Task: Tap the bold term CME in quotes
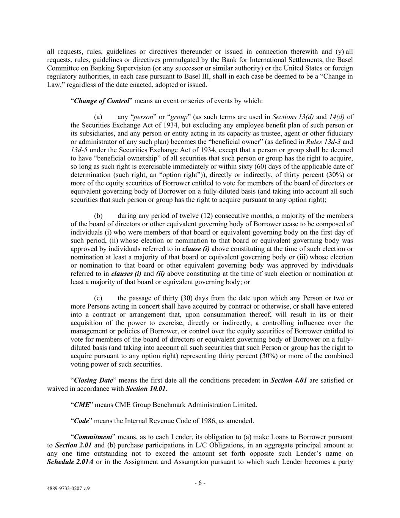82,405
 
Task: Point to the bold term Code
81,421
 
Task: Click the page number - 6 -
200,483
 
